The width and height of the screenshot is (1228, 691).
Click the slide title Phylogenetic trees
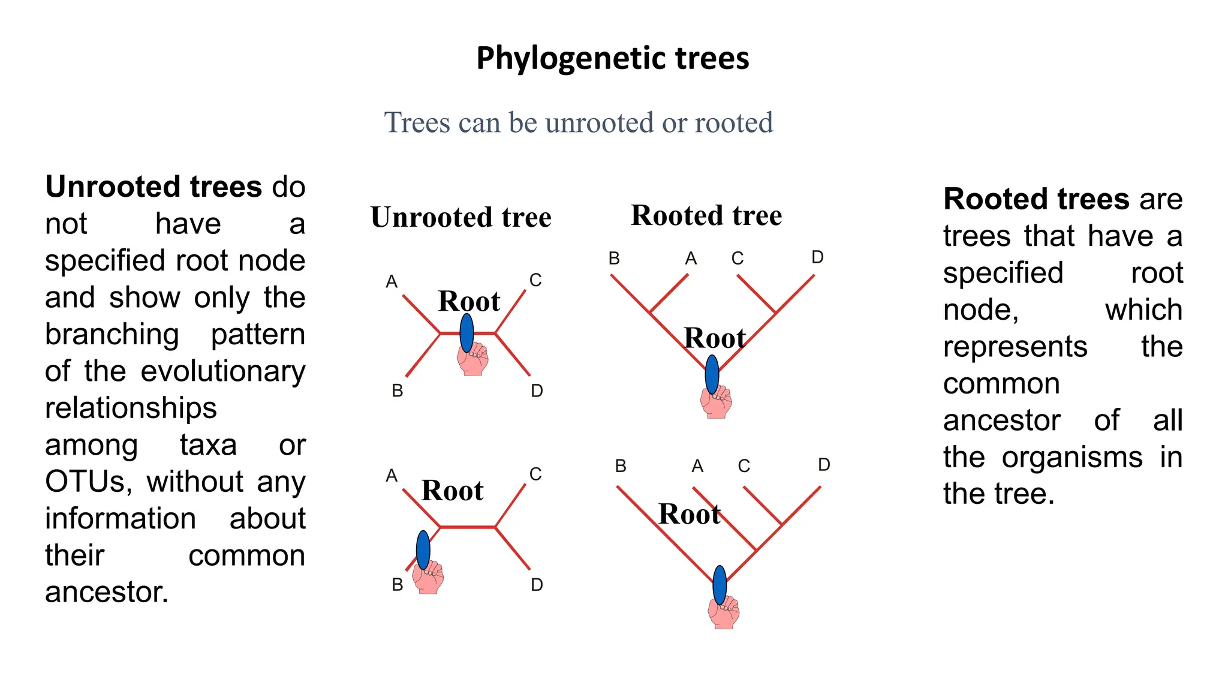point(612,59)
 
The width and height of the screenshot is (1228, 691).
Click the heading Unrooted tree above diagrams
point(460,217)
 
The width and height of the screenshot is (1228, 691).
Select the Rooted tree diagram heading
point(706,215)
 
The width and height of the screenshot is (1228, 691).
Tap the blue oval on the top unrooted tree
point(466,332)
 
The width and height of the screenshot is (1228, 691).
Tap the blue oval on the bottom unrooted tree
point(423,549)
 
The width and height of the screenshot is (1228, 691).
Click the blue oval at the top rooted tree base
point(712,374)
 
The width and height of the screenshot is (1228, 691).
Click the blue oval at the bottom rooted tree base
point(720,585)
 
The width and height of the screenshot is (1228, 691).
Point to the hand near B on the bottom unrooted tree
point(429,578)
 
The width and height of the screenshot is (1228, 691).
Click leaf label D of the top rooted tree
point(817,257)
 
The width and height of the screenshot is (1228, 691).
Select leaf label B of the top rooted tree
point(614,259)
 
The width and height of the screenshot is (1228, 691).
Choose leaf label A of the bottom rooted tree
point(697,466)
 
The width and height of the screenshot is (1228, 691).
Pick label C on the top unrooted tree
point(535,280)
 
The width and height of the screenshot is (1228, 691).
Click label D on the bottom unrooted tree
point(537,585)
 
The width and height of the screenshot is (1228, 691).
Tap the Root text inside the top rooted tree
point(715,338)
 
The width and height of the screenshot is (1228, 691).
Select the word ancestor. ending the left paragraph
point(107,593)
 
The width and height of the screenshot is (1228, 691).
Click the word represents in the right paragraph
point(1015,347)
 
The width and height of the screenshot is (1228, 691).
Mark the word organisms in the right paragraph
point(1072,458)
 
